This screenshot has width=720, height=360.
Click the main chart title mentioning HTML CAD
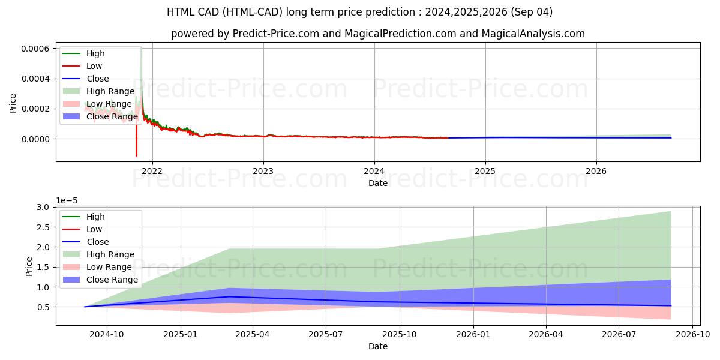pos(360,12)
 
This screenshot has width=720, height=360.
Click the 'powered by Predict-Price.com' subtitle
pos(378,34)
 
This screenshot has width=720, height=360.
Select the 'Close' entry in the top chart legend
pos(98,79)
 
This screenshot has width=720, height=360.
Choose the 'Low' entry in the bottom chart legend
pos(94,229)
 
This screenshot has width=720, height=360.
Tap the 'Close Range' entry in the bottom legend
pos(112,280)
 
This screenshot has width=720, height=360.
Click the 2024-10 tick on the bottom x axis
pos(107,335)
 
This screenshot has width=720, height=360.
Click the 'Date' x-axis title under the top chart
pos(378,183)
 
